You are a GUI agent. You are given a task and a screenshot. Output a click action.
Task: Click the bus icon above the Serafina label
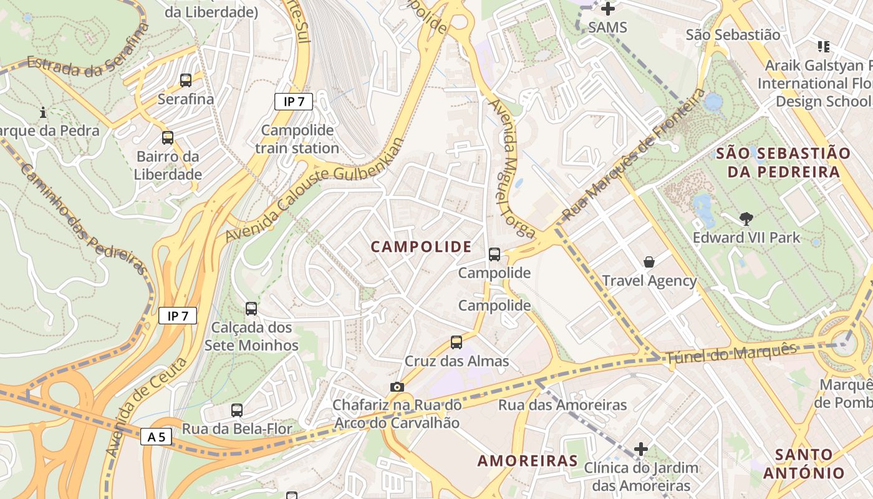click(x=186, y=80)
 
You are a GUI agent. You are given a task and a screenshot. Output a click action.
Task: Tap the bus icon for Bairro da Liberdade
click(x=168, y=138)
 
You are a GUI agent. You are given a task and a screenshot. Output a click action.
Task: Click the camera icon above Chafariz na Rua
click(x=397, y=387)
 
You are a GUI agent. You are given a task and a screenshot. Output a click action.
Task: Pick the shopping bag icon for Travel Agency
click(x=649, y=262)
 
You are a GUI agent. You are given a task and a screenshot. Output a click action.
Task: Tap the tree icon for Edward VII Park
click(x=746, y=218)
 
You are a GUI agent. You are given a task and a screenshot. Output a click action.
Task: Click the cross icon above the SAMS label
click(x=607, y=9)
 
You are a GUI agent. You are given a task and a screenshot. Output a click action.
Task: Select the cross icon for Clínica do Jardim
click(x=641, y=449)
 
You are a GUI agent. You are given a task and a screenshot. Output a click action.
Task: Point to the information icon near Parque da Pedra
click(x=43, y=113)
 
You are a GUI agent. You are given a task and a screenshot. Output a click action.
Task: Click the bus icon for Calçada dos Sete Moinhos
click(x=251, y=309)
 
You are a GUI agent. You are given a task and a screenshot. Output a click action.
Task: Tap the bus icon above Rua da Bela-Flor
click(x=237, y=410)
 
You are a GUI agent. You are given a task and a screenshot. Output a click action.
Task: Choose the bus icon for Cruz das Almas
click(x=456, y=342)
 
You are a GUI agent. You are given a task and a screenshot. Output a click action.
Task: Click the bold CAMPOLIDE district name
click(x=422, y=247)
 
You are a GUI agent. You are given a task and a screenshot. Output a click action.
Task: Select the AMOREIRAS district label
click(x=528, y=461)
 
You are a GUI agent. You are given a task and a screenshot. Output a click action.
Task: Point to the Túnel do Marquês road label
click(x=731, y=354)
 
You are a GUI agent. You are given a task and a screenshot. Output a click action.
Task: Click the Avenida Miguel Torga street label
click(x=511, y=168)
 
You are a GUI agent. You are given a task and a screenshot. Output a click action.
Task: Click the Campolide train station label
click(x=297, y=139)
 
